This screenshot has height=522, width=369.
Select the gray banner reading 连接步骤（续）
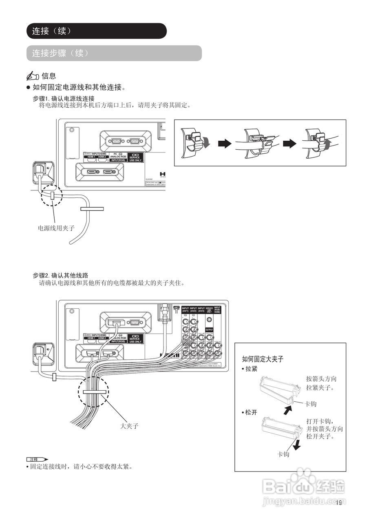tap(60, 53)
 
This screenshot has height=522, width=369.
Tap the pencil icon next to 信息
tap(33, 76)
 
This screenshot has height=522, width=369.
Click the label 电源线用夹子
tap(56, 228)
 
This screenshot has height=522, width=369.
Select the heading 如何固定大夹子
tap(263, 359)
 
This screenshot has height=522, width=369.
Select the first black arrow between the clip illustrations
tap(225, 144)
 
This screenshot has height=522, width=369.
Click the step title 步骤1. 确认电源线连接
tap(64, 99)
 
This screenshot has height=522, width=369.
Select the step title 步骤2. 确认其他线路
tap(61, 275)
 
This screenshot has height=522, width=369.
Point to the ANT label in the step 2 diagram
tap(177, 307)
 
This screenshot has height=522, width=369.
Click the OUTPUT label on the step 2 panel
tap(209, 329)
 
